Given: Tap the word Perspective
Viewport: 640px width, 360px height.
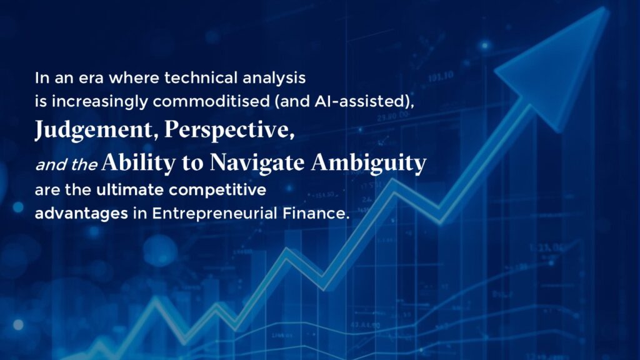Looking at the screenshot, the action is click(229, 130).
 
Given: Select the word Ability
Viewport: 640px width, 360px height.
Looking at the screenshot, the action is click(139, 163).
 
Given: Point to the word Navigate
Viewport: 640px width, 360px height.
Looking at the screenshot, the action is click(257, 163).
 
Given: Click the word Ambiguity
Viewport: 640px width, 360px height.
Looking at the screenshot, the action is click(369, 163).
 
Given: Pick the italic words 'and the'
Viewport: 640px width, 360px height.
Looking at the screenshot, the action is click(66, 164).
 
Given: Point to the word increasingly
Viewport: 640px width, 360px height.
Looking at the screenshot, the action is click(99, 102).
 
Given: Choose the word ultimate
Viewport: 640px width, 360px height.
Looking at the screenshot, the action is click(130, 190).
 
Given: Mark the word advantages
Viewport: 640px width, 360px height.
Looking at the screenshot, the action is click(81, 214).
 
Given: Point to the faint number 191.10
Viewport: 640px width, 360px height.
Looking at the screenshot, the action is click(441, 76).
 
